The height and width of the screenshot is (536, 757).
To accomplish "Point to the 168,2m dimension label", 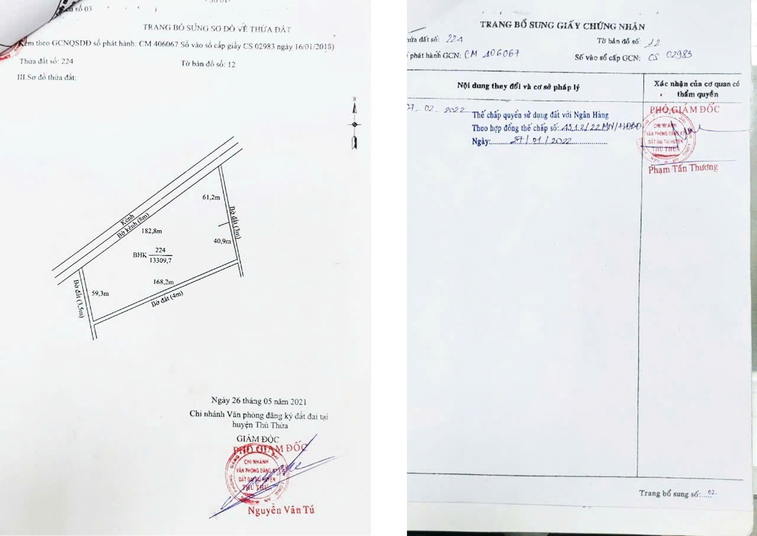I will [x=163, y=283].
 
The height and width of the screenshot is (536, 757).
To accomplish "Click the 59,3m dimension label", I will [x=101, y=293].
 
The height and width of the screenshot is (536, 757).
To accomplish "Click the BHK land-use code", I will [x=140, y=255].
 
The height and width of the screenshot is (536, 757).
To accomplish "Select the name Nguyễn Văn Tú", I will [x=281, y=511].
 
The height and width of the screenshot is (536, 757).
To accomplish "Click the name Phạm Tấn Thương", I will [x=682, y=169].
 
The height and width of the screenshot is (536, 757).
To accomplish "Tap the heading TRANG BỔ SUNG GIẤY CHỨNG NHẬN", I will [x=562, y=26].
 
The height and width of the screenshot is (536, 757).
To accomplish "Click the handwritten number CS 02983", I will [x=669, y=56].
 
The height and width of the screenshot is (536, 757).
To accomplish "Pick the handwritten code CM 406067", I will [x=492, y=54].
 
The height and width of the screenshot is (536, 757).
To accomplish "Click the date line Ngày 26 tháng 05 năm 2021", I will [x=259, y=402].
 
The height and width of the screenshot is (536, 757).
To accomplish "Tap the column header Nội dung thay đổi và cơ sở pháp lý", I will [x=518, y=86].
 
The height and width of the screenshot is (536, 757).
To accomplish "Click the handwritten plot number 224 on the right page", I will [x=454, y=39].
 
